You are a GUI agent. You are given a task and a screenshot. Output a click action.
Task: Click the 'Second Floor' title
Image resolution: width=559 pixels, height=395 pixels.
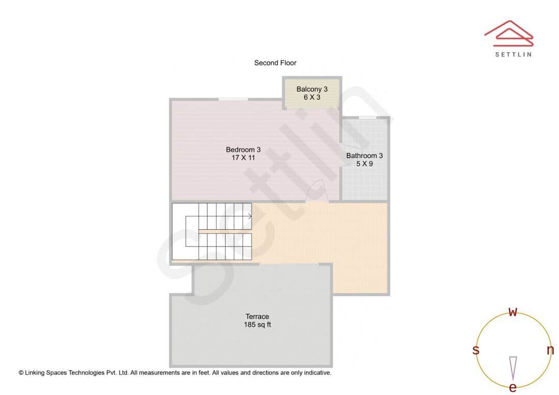click(275, 63)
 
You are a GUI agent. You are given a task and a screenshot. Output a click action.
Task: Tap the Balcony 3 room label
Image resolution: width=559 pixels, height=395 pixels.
click(312, 89)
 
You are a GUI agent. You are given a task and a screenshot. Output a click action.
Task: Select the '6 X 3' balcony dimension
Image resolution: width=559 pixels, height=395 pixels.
click(312, 97)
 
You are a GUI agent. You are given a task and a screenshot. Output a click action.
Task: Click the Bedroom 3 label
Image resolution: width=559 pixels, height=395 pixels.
click(243, 150)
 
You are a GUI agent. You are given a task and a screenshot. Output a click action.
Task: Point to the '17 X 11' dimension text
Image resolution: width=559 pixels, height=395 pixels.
click(243, 158)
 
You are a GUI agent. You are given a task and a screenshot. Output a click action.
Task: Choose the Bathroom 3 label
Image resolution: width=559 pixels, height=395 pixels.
click(364, 156)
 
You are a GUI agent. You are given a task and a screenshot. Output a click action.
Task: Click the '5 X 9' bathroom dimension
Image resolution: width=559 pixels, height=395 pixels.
click(364, 163)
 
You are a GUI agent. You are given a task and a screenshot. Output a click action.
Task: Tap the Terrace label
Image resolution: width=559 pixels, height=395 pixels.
click(257, 316)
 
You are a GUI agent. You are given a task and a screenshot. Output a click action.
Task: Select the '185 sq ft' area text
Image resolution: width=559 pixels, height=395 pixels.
click(257, 325)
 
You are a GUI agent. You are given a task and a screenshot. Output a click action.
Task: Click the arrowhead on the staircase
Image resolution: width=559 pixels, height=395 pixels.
click(250, 216)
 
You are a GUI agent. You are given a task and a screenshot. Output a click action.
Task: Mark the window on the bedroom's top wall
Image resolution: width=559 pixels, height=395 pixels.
click(232, 99)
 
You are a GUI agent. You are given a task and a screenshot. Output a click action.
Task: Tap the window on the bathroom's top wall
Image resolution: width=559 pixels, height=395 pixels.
click(367, 117)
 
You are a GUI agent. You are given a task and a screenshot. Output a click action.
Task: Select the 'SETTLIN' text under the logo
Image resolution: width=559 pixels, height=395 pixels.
click(513, 54)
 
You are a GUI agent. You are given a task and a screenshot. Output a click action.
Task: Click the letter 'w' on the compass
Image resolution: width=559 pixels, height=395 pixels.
click(513, 312)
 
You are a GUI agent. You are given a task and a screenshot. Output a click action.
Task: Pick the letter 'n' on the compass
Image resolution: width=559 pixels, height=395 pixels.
click(550, 350)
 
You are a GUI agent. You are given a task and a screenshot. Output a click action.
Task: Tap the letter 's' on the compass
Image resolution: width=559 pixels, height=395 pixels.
click(476, 350)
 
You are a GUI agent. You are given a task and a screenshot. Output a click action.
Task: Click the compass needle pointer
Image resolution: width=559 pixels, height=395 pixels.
click(513, 368)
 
